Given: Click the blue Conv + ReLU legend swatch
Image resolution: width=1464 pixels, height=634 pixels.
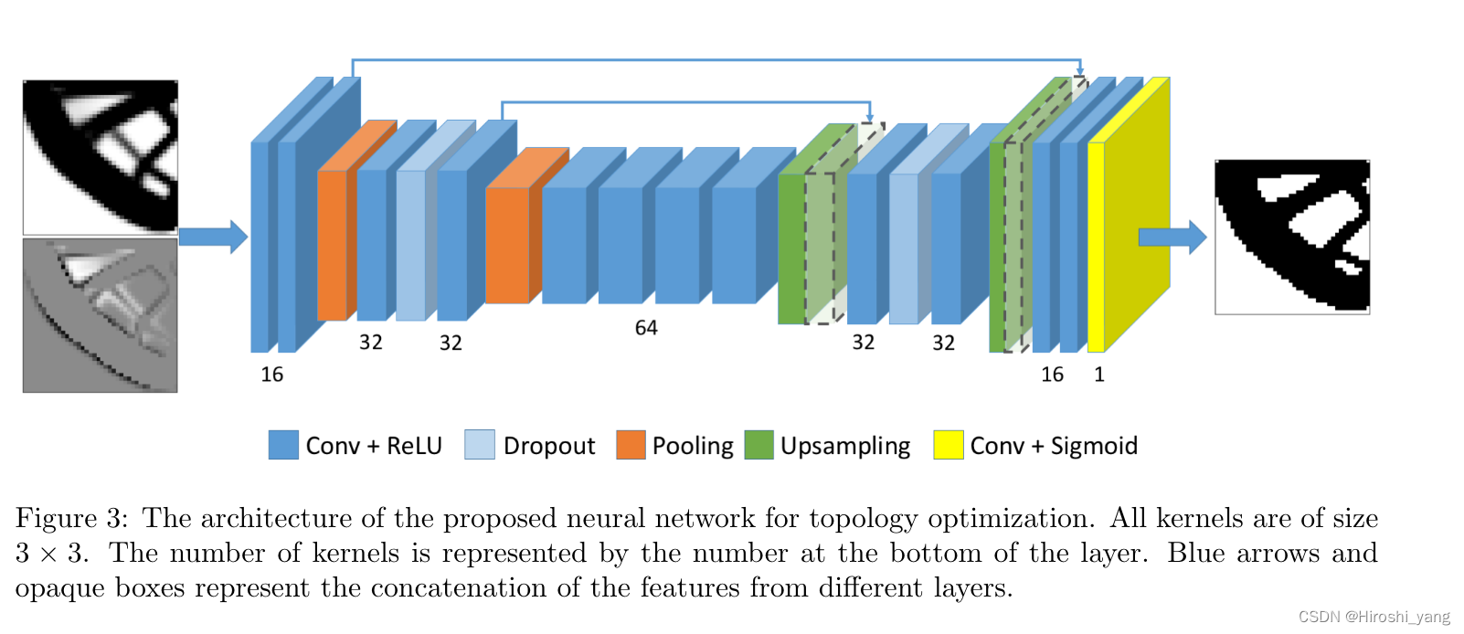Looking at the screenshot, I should point(283,445).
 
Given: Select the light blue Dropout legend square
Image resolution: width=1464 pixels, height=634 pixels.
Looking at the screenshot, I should point(479,445).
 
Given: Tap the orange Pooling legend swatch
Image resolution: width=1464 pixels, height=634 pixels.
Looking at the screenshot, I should point(631,445).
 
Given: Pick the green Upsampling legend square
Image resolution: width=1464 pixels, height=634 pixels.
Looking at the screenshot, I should point(759,445).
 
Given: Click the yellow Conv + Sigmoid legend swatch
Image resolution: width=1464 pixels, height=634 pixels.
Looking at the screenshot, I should point(948,445).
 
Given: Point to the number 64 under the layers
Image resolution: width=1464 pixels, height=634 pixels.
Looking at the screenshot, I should point(646,328).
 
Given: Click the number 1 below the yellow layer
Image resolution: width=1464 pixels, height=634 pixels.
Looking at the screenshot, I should point(1099,375).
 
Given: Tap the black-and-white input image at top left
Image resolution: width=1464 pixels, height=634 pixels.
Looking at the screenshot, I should point(101,156).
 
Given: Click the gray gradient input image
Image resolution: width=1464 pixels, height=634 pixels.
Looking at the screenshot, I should point(101,315).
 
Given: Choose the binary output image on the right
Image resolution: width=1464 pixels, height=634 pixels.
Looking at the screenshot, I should point(1292,238).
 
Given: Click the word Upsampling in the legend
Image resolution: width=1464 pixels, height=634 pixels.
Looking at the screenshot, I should point(845,446).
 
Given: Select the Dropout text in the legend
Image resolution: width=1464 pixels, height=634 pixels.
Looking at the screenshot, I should point(548,446).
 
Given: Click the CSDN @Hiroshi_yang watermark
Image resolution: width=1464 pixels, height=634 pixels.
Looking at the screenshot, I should point(1374,618).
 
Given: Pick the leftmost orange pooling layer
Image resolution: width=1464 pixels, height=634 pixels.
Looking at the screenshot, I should point(332,245).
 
